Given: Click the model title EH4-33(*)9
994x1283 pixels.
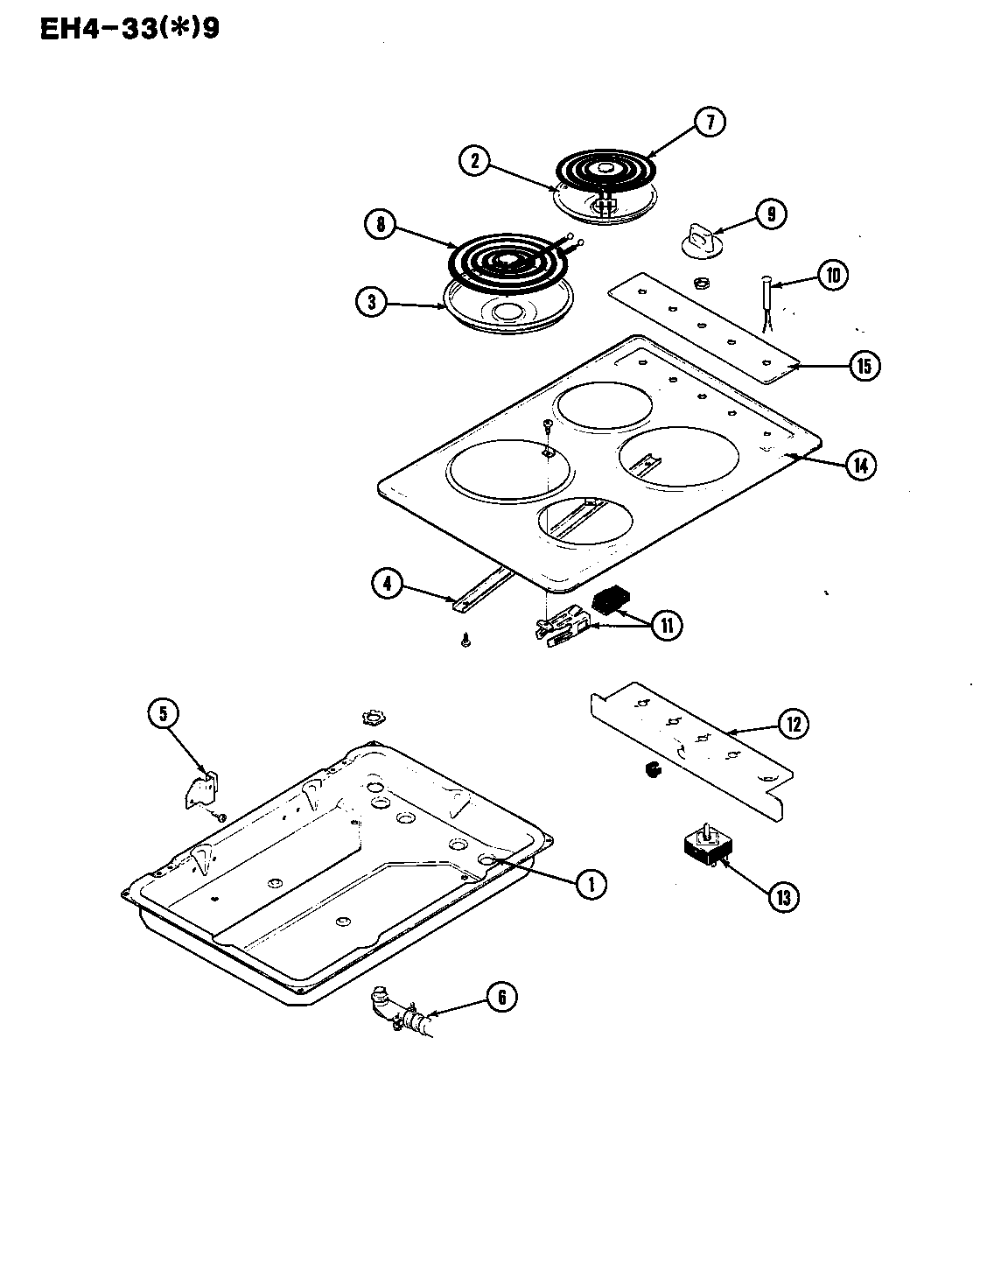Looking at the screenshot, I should [x=129, y=28].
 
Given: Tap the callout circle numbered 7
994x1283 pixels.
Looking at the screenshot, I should [x=710, y=123].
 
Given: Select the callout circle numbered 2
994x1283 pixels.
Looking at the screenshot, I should [x=475, y=160].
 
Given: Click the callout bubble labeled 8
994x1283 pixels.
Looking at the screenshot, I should [x=381, y=224].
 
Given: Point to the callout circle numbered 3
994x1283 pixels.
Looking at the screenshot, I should [x=372, y=302].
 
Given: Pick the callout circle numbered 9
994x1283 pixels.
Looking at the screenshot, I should [x=770, y=214].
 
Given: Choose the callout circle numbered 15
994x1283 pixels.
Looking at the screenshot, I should [x=864, y=366].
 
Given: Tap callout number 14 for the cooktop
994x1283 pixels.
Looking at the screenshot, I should [x=861, y=466].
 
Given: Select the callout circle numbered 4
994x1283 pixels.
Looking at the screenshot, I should [x=388, y=583].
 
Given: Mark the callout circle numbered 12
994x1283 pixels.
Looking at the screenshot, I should [x=793, y=724].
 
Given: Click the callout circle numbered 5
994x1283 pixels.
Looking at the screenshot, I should [x=162, y=714].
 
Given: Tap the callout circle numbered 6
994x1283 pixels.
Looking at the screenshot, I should [x=500, y=998].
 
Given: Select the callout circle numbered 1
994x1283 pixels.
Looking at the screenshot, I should [x=591, y=884].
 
